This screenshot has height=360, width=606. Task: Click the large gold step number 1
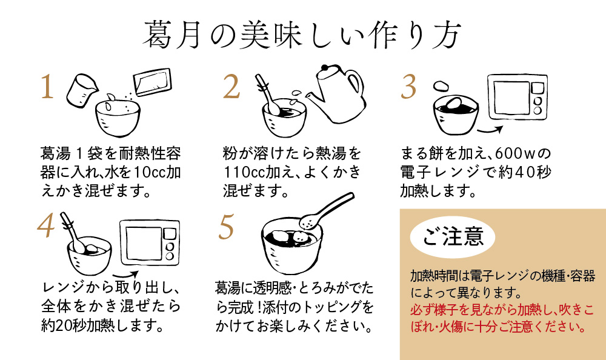coord(47,86)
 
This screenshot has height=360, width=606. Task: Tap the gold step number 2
coord(231,86)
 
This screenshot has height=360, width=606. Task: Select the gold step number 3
coord(408,86)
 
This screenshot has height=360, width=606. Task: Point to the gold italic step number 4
coord(46,225)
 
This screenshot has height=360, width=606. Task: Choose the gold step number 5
coord(226,227)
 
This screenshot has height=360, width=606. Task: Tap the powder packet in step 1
coord(152,82)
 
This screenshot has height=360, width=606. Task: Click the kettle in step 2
coord(336,93)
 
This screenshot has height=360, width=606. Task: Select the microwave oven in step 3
coord(518,97)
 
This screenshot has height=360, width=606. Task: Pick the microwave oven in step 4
coord(150,242)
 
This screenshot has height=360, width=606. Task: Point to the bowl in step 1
coord(118,118)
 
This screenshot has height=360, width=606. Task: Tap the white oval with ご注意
coord(453,236)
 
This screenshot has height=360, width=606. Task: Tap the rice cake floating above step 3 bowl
coord(441,85)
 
